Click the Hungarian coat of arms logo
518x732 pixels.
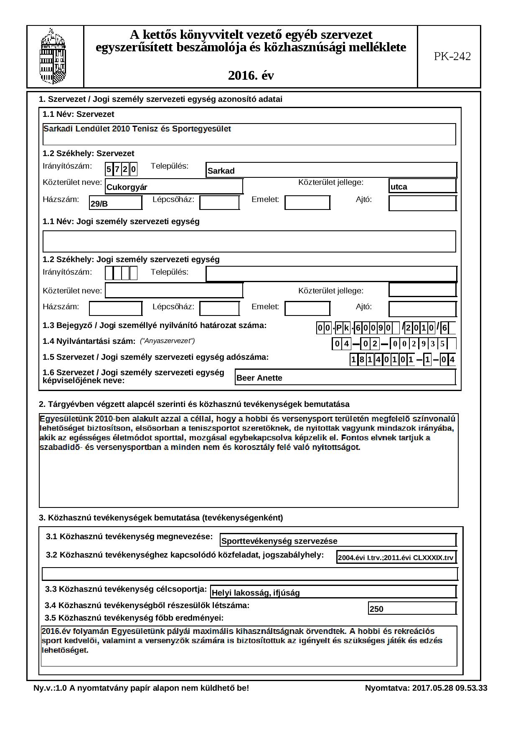53,56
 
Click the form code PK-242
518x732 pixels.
452,56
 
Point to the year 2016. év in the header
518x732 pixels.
251,76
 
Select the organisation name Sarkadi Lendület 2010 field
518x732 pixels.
249,134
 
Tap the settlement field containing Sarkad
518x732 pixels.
331,170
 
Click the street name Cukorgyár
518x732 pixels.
174,187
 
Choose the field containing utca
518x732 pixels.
422,186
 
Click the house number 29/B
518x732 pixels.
116,203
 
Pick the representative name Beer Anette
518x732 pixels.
345,377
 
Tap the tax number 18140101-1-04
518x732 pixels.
402,359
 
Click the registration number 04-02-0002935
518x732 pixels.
393,344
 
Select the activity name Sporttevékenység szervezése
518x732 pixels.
338,540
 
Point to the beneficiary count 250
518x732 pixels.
411,608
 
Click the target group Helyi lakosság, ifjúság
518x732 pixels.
333,592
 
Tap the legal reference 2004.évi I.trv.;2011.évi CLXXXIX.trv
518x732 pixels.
396,557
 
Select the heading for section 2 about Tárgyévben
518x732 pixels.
194,404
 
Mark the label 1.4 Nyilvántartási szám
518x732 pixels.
89,341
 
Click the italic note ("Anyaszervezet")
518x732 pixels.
167,341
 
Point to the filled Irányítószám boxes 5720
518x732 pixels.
121,169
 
